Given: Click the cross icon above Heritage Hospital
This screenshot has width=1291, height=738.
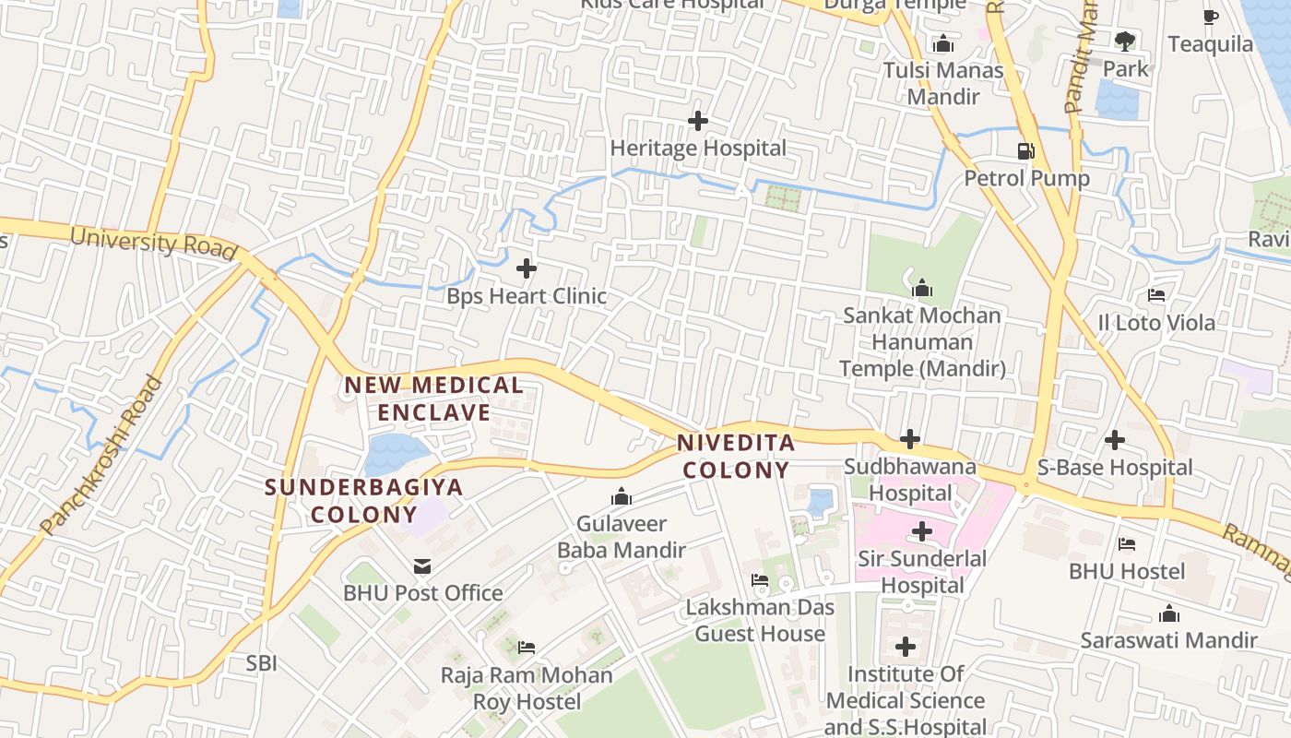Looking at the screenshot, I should [698, 121].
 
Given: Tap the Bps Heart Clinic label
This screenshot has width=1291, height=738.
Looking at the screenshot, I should [527, 296].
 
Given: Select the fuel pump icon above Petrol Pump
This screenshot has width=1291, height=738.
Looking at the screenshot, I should [1025, 151].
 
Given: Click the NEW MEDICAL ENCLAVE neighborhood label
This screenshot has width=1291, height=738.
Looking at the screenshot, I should [433, 399].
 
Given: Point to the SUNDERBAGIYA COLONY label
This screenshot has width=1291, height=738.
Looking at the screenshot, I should [364, 500].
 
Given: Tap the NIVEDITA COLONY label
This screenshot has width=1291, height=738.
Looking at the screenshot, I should [736, 456].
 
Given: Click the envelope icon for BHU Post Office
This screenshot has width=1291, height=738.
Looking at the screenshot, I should [422, 566].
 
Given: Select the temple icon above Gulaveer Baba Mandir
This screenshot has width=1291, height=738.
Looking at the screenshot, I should [622, 498].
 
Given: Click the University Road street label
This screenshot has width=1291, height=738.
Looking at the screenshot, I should [154, 243].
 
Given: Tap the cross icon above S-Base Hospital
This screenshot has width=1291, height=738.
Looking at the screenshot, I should [1115, 440].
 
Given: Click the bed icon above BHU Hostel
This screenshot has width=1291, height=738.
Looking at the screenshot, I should [1126, 544].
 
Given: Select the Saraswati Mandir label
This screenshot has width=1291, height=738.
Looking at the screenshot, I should [1168, 640].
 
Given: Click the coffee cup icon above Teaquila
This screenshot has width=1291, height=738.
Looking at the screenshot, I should [1211, 17].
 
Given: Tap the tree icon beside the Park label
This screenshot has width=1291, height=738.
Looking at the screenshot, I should [1124, 41].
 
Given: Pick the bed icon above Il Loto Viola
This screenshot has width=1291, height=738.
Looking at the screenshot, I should [1155, 295].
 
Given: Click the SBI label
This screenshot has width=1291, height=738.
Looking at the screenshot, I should [261, 662].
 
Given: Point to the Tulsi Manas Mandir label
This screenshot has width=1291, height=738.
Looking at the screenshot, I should [942, 83].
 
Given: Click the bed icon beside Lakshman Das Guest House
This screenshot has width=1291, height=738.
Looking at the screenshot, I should [760, 580].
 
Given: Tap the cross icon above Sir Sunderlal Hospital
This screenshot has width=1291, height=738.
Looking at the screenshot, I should [921, 531].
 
